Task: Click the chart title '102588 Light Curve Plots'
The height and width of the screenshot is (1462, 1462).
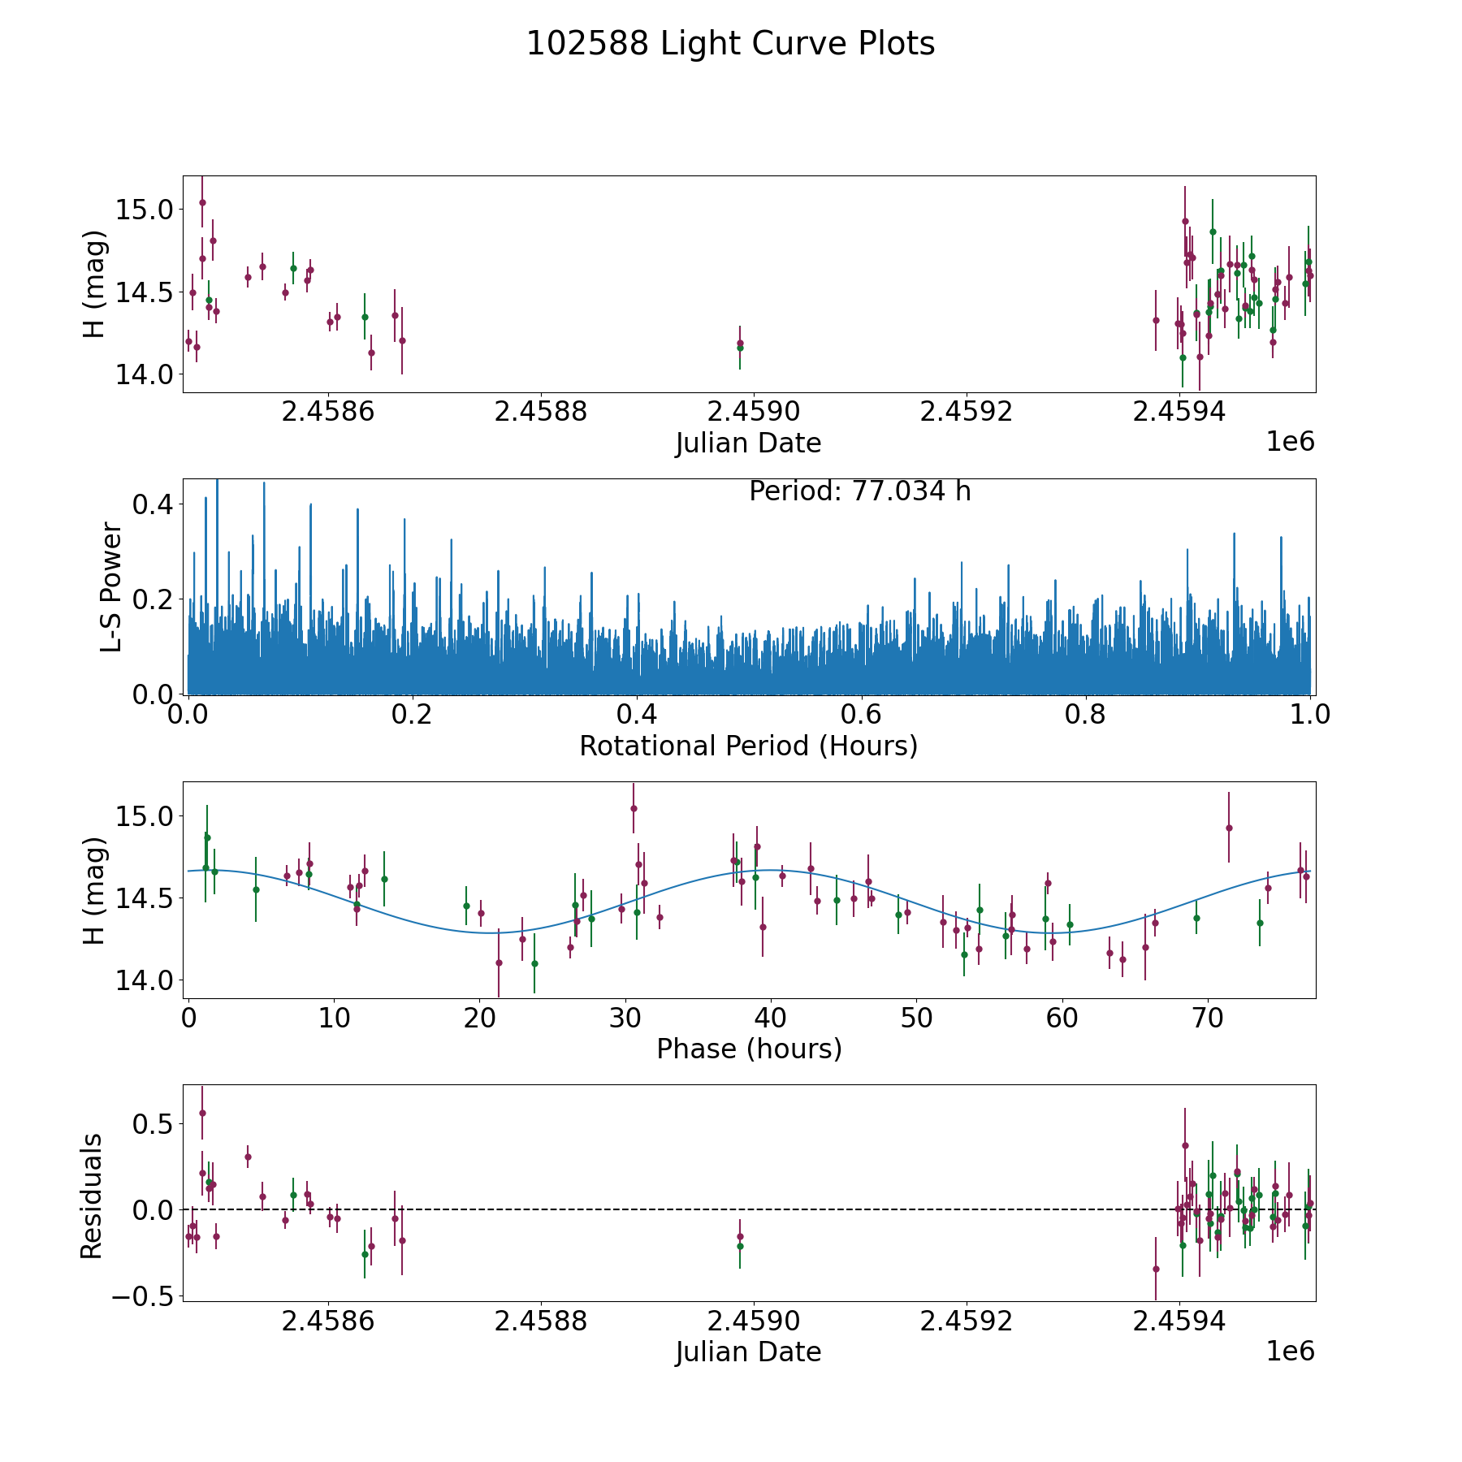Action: pos(730,44)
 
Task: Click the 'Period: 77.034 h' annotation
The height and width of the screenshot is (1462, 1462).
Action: pos(860,491)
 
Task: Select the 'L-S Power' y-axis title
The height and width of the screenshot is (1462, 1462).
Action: pos(111,587)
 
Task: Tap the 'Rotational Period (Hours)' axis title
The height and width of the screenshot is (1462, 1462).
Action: pos(748,746)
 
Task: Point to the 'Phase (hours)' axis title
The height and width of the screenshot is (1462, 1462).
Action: pos(749,1049)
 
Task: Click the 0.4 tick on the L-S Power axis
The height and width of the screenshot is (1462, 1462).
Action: pos(153,504)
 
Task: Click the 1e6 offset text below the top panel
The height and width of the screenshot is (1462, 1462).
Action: pos(1291,441)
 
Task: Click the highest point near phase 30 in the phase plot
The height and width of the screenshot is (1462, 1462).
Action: pos(634,808)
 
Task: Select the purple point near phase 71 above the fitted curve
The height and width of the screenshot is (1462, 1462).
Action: pos(1229,828)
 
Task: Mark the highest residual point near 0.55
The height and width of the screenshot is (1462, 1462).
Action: pos(202,1113)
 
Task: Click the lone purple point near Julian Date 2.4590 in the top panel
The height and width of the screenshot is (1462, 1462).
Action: pos(740,343)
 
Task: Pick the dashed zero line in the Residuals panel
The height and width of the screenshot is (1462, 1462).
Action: pos(749,1209)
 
